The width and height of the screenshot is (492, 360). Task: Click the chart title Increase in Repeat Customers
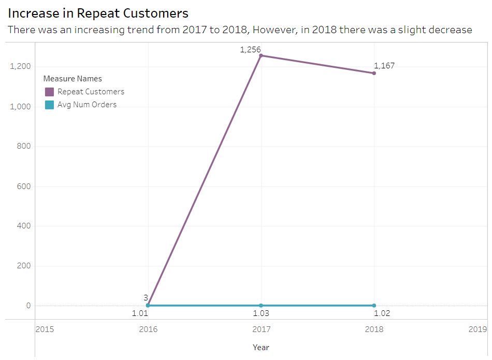click(x=98, y=13)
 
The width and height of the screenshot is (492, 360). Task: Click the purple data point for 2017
click(x=261, y=55)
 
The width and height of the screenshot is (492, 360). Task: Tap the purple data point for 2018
click(x=374, y=73)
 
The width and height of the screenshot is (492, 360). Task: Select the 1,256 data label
click(x=250, y=50)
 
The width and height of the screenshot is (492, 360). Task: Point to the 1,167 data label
click(x=384, y=66)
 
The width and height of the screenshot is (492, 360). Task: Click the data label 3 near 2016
click(x=146, y=297)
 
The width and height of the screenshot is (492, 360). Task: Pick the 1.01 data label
click(x=140, y=313)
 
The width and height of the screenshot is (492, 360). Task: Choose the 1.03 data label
click(x=261, y=313)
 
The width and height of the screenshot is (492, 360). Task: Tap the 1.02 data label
click(x=382, y=313)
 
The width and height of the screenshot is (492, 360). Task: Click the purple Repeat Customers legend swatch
click(x=49, y=92)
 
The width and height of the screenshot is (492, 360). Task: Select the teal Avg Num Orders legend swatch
click(x=49, y=105)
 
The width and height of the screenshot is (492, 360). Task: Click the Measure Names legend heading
click(x=73, y=79)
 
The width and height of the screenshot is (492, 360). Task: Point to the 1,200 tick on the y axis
click(x=21, y=66)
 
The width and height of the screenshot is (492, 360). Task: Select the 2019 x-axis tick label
click(x=477, y=329)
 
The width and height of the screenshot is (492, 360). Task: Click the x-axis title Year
click(x=261, y=347)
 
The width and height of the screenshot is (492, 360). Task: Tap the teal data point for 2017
click(x=261, y=306)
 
